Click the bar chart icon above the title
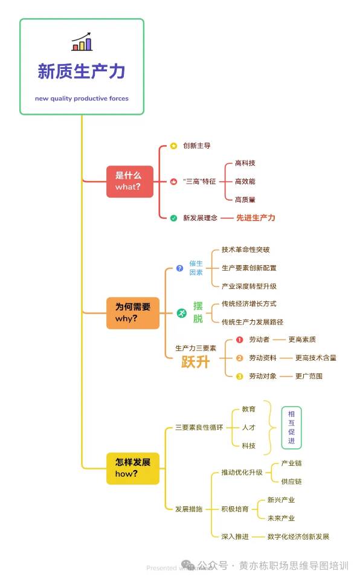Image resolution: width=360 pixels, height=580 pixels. (82, 42)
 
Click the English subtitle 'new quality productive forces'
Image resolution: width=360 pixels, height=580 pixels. (82, 98)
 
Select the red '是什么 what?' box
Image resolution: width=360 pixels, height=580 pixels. (130, 181)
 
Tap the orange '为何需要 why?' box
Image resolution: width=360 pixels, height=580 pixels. (133, 313)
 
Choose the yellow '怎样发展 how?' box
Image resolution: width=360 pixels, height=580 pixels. (133, 468)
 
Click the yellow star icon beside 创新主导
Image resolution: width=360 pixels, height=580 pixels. (173, 146)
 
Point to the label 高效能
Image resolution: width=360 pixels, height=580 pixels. (245, 181)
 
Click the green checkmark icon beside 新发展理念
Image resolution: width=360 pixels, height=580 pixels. (173, 218)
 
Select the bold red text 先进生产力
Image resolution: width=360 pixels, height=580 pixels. (256, 218)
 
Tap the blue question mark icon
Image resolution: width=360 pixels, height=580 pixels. (180, 268)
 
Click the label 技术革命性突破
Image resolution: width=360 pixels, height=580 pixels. (246, 250)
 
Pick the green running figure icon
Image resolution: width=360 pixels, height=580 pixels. (181, 313)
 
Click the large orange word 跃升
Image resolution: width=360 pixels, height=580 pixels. (195, 362)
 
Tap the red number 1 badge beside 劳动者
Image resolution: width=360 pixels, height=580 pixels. (239, 340)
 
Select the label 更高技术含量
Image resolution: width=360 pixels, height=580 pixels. (315, 358)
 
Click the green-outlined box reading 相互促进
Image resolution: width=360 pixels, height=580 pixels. (292, 428)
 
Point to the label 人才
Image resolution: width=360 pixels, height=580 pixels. (249, 428)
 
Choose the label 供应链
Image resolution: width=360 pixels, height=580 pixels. (292, 482)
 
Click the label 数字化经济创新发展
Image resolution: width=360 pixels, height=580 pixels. (298, 536)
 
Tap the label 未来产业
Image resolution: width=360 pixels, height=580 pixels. (281, 518)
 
